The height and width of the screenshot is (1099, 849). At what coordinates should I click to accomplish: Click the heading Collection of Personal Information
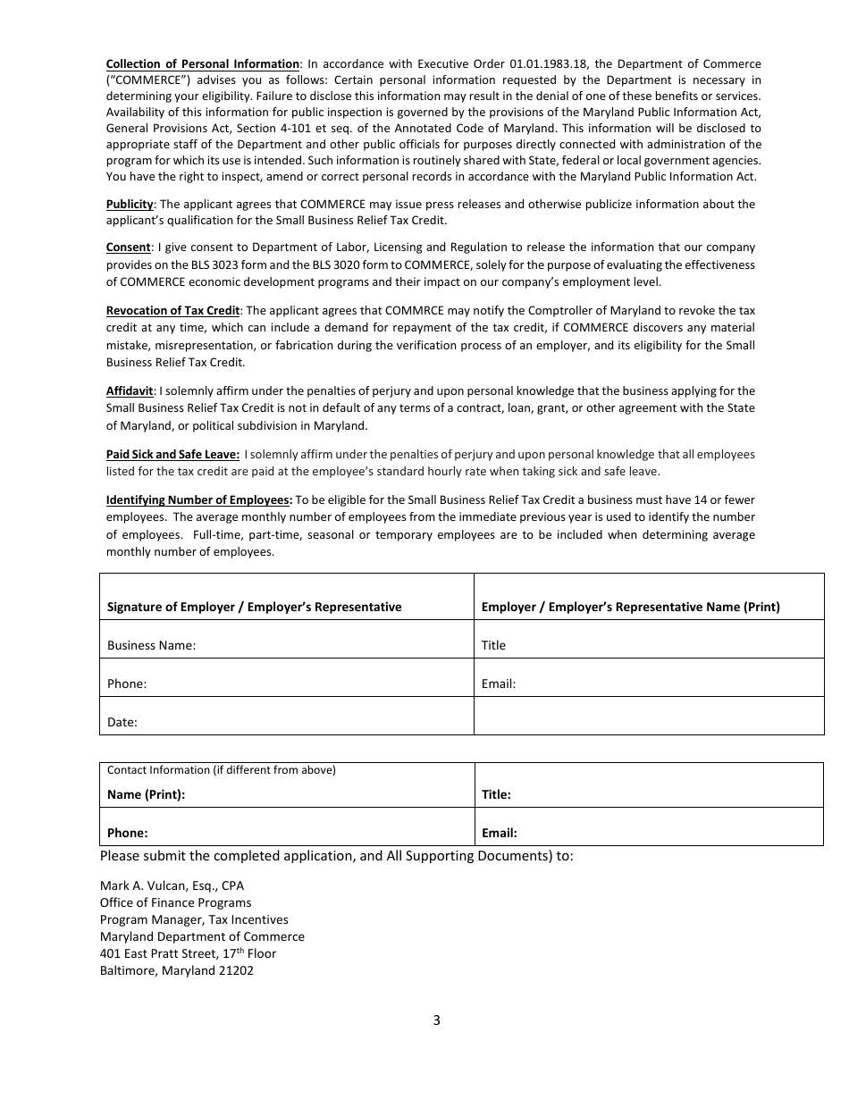[202, 63]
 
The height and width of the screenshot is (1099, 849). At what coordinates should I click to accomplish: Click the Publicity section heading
[130, 204]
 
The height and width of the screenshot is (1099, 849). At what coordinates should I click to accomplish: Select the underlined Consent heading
[128, 247]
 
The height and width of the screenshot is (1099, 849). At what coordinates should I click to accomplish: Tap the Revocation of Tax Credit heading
[172, 310]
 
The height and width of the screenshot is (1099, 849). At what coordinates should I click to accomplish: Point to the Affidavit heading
[130, 390]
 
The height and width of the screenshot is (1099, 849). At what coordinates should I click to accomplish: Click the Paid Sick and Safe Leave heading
[172, 454]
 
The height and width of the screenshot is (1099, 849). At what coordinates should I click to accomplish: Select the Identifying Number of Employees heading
[198, 499]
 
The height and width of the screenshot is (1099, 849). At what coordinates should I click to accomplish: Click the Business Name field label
[151, 645]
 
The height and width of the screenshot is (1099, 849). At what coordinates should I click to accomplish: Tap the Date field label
[122, 722]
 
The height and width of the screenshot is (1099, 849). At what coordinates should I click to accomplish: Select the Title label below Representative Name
[493, 645]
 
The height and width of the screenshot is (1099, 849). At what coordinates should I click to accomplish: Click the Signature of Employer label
[254, 607]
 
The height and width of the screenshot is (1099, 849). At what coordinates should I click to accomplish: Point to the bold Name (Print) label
[146, 794]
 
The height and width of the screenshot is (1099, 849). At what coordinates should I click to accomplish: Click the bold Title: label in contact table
[496, 794]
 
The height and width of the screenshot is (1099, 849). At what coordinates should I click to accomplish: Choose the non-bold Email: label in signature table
[499, 684]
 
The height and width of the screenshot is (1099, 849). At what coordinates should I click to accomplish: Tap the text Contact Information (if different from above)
[221, 769]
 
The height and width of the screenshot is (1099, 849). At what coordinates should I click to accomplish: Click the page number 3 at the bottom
[436, 1020]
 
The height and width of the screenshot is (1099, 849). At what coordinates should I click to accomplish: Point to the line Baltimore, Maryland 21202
[176, 970]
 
